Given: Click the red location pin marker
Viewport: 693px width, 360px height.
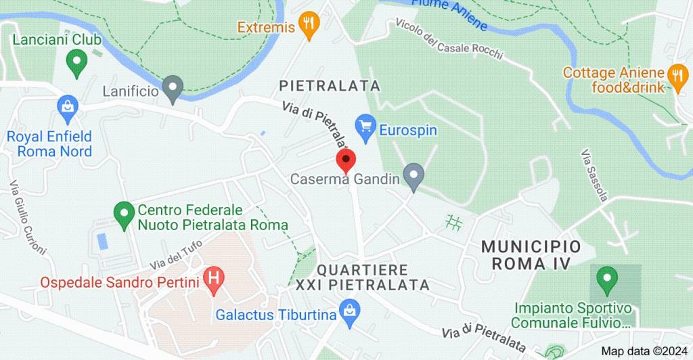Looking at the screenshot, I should pos(346,162).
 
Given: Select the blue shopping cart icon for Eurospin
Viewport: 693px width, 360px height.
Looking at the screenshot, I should pos(365,125).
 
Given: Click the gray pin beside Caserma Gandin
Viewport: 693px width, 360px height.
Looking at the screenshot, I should pos(413,176).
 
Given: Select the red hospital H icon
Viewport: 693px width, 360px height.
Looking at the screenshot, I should pos(215,278).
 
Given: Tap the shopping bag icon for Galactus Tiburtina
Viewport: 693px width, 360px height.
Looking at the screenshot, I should pos(350,311).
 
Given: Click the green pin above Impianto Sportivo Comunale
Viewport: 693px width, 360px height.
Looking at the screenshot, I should pos(606,278).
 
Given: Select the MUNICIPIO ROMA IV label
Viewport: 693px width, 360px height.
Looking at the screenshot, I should pos(531,254).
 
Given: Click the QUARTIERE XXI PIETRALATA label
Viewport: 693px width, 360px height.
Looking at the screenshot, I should pos(363,277).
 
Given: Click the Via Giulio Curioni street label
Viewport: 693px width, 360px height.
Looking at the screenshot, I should pos(27,217).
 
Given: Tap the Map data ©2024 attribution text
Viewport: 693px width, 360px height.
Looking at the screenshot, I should pos(644,351).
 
